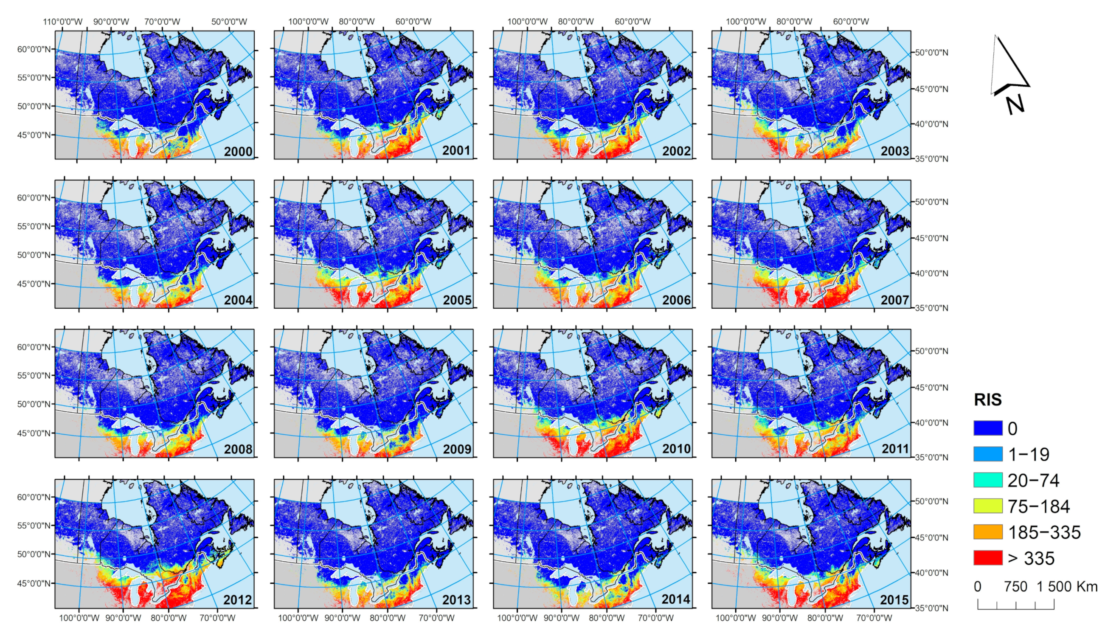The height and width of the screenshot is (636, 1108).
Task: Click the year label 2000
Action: click(238, 152)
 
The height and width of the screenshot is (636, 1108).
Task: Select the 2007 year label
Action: click(894, 300)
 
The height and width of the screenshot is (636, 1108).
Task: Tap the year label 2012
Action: click(238, 600)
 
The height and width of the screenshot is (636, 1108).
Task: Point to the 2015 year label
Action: click(894, 600)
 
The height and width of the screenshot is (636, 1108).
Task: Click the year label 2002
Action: click(676, 151)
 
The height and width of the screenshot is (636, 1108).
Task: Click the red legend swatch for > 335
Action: click(987, 558)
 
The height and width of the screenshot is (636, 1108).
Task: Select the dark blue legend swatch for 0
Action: click(987, 428)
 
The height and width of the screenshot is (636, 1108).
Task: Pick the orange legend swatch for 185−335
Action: click(987, 532)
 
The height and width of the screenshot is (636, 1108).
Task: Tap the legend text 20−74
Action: click(1033, 481)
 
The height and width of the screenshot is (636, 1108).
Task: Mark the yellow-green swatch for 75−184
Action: click(987, 506)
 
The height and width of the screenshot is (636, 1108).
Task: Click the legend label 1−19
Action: click(1029, 455)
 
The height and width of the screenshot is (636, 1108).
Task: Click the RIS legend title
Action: click(987, 400)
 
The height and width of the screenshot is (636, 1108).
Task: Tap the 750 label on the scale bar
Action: click(1015, 586)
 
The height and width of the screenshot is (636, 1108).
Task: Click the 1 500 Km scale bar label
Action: click(1067, 586)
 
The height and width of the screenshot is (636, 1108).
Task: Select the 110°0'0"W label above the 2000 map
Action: click(62, 22)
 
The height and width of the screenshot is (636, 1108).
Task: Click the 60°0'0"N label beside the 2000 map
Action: click(34, 49)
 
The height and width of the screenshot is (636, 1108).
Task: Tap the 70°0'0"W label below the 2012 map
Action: click(217, 618)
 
